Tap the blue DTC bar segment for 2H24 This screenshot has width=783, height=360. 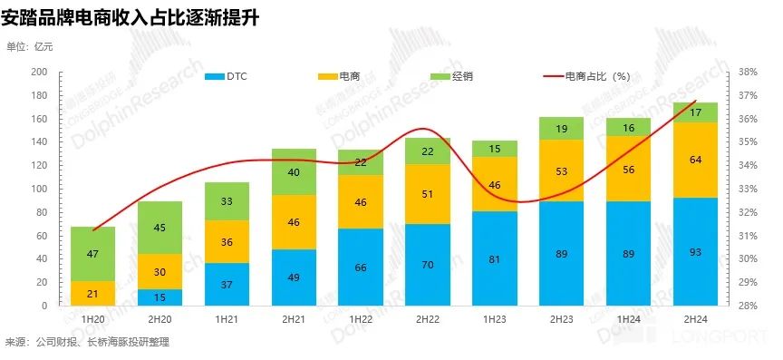tap(695, 251)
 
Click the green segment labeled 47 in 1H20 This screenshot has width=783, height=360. tap(92, 254)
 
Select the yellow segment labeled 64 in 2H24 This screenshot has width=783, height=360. tap(695, 160)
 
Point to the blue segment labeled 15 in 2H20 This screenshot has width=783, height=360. tap(159, 297)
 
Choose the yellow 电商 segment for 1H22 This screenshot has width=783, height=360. tap(360, 202)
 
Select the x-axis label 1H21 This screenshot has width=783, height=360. tap(226, 319)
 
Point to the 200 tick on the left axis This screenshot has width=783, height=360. tap(38, 72)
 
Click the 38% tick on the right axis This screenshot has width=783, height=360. tap(748, 72)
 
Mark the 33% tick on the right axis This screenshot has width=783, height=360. tap(748, 189)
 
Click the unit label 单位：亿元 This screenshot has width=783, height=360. tap(30, 47)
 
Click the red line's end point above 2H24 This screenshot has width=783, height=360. tap(695, 101)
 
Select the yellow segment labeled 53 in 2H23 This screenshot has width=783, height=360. tap(561, 171)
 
